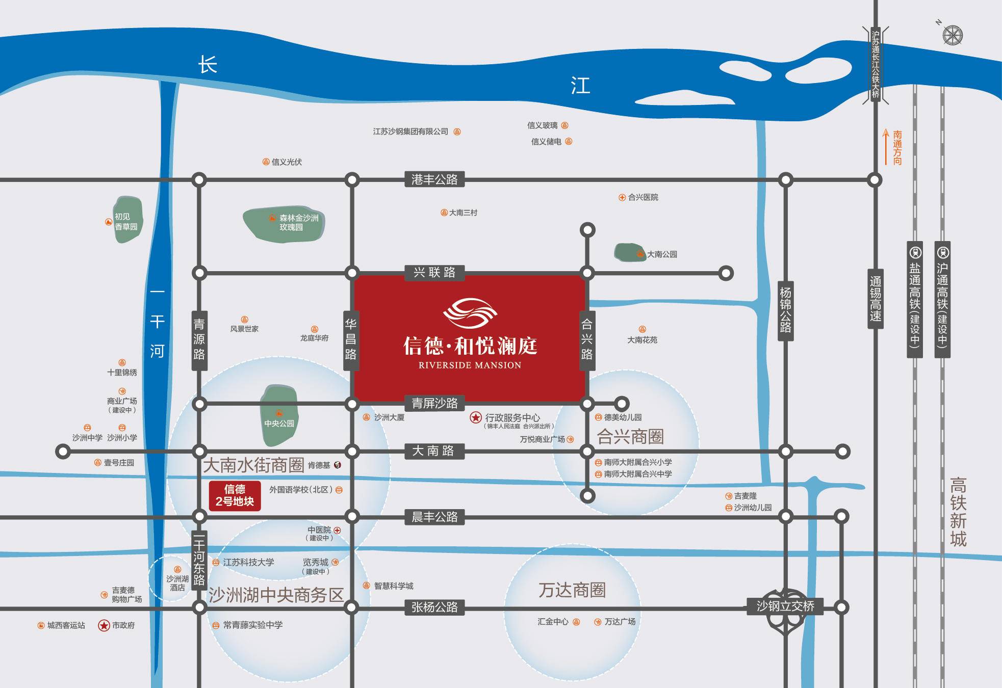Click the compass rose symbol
click(952, 35)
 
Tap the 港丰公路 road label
click(434, 179)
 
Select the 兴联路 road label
click(434, 272)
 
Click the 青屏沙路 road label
click(434, 403)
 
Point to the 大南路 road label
click(433, 451)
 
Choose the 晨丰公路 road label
click(434, 517)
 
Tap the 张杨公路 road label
click(434, 607)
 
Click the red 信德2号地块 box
click(235, 495)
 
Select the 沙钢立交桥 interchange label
click(785, 606)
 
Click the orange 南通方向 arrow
click(886, 147)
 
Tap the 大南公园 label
click(662, 254)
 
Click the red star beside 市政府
click(104, 625)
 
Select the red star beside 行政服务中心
click(475, 418)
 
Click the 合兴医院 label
click(643, 197)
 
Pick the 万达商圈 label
click(572, 590)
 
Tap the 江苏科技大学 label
click(248, 562)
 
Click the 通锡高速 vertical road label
click(875, 299)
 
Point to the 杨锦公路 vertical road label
click(785, 310)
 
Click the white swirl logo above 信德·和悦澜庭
click(470, 312)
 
